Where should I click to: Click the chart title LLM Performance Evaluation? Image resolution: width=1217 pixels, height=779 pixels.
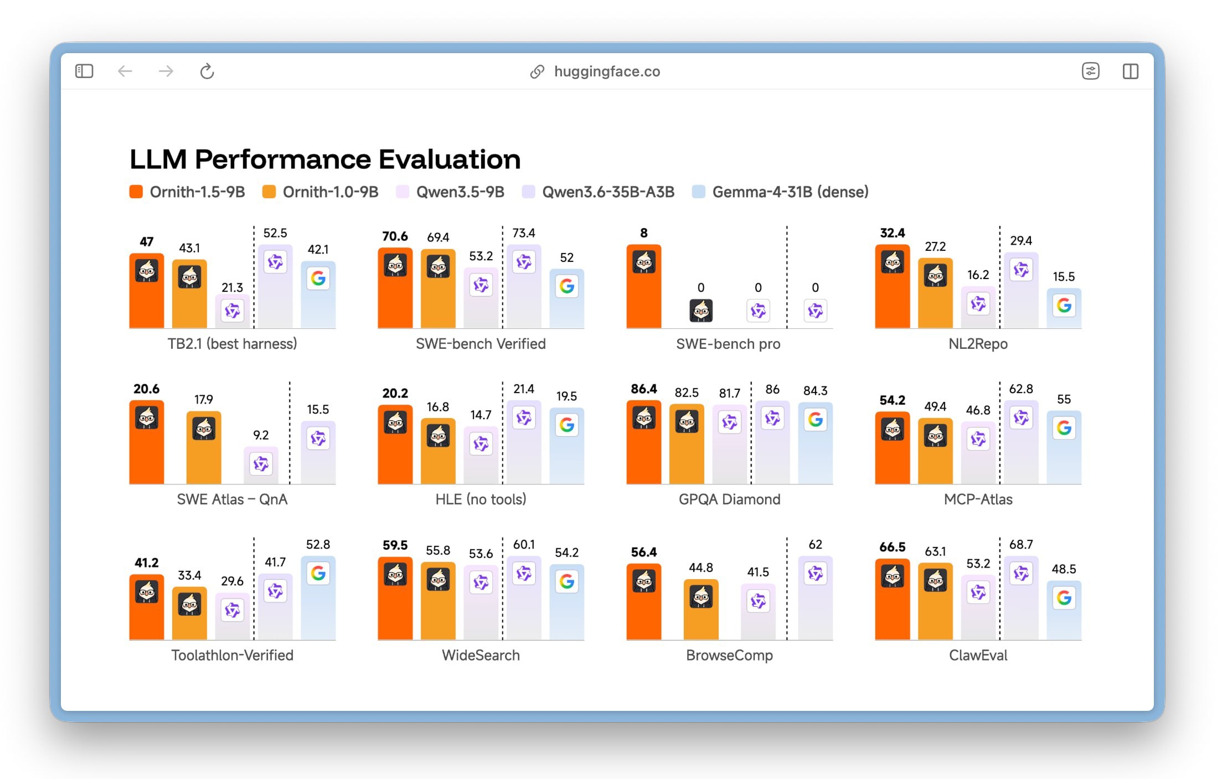(325, 159)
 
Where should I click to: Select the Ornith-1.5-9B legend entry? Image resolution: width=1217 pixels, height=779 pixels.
(187, 192)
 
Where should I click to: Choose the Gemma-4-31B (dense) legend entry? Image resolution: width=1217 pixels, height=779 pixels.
(780, 192)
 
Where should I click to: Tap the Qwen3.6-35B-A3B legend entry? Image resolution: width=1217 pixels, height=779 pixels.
(598, 192)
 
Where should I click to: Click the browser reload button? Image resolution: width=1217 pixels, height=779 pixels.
(207, 71)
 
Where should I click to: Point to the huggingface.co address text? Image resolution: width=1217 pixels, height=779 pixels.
(607, 71)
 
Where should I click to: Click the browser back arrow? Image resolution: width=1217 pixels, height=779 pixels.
(125, 71)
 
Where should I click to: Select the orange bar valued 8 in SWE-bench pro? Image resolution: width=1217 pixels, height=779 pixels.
(644, 286)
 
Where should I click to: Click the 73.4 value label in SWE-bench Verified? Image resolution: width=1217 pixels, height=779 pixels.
(524, 233)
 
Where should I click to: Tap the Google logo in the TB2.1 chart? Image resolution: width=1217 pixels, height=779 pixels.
(318, 278)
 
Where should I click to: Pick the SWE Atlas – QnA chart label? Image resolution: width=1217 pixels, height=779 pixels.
(232, 499)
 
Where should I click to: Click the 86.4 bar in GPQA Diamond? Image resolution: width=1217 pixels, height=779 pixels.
(644, 442)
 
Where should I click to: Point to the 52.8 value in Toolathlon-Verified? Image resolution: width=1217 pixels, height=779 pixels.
(318, 545)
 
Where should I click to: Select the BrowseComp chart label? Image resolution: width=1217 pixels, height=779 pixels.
(729, 655)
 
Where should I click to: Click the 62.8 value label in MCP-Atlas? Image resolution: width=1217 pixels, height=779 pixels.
(1021, 389)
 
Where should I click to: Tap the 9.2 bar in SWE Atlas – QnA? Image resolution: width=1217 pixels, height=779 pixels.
(261, 465)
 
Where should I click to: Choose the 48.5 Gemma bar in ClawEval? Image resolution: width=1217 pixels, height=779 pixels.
(1064, 610)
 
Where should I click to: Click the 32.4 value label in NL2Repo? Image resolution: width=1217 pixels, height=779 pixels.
(893, 233)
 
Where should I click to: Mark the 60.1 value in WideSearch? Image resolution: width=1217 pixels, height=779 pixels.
(524, 545)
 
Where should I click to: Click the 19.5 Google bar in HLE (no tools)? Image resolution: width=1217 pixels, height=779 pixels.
(567, 446)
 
